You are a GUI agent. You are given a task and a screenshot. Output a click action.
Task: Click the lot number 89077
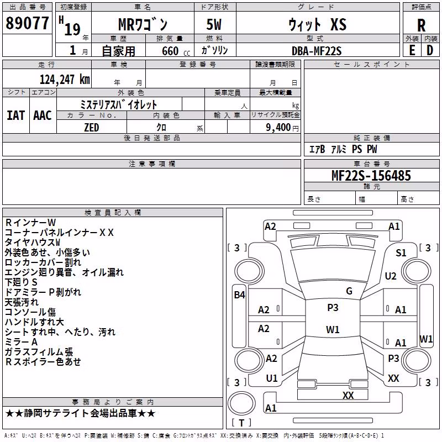tap(27, 23)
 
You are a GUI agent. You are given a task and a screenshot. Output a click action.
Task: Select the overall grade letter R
tap(421, 25)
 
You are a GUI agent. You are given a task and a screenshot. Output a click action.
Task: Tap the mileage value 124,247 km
tap(65, 80)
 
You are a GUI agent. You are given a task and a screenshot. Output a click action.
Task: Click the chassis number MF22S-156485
tap(371, 176)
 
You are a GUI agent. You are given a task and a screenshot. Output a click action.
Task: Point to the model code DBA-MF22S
tap(317, 51)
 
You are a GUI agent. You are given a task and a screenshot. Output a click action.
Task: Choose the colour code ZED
tap(92, 128)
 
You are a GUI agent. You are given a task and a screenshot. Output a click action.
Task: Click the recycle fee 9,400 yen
tap(282, 128)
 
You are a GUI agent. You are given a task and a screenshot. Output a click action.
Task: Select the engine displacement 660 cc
tap(176, 51)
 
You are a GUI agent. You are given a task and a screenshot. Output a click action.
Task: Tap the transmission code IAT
tap(16, 115)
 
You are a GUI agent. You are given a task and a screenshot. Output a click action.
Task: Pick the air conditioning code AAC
tap(43, 115)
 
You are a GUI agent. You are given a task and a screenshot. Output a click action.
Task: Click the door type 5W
tap(214, 24)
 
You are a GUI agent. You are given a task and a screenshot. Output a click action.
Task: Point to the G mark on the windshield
tap(349, 291)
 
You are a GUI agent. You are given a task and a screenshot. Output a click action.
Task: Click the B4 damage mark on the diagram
tap(239, 295)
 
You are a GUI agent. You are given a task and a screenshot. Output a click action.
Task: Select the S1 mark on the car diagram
tap(401, 253)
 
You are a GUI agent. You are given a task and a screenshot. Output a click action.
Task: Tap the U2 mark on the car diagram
tap(391, 276)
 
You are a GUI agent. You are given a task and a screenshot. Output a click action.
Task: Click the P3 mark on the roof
tap(333, 308)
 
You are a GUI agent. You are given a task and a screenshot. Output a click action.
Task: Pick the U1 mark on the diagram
tap(272, 378)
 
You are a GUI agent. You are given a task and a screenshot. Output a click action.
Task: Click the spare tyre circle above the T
tap(241, 403)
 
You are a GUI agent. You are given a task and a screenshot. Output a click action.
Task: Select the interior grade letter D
tap(430, 50)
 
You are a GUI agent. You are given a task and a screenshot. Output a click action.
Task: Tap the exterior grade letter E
tap(412, 50)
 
